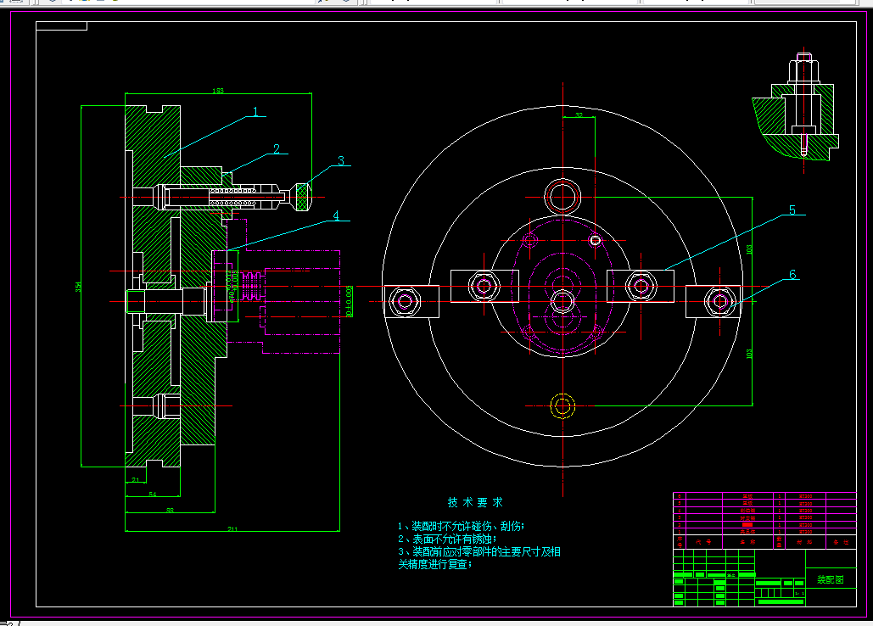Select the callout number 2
277,148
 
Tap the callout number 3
341,160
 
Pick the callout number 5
792,210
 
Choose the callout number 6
792,274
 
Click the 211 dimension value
232,529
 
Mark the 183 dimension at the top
218,91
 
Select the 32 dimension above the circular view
579,114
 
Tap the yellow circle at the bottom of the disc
562,405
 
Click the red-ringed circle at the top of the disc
562,197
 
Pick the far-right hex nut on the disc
720,299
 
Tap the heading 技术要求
475,502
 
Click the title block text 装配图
830,579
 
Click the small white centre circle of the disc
562,300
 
